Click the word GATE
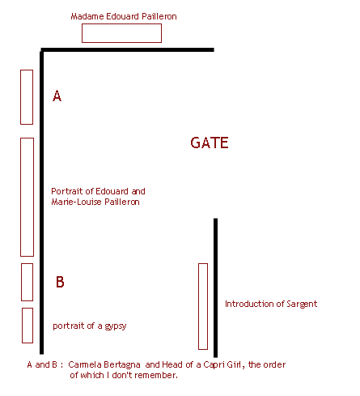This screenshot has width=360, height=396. pos(210,143)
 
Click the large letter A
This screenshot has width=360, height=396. pos(57,96)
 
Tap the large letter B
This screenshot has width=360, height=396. pos(60,282)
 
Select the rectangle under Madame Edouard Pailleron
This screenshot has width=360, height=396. pos(121,23)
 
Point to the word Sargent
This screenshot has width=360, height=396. pos(302,304)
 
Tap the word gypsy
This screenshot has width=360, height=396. pos(116,326)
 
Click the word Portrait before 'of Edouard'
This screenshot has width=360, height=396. pos(67,191)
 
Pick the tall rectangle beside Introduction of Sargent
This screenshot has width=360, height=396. pos(198,306)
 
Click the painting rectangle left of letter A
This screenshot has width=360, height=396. pos(20,97)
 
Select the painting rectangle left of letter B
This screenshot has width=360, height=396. pos(21,282)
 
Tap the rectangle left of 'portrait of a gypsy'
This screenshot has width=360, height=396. pos(22,326)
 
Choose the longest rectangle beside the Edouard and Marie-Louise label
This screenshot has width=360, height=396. pos(20,197)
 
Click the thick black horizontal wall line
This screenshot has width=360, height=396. pos(127,49)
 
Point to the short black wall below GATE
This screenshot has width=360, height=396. pos(215,287)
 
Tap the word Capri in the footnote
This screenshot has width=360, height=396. pos(214,365)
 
